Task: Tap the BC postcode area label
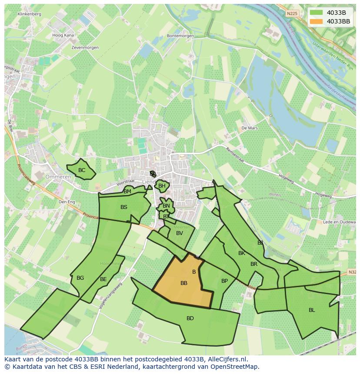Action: coord(82,170)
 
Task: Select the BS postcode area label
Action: coord(124,207)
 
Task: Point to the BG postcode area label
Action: coord(80,278)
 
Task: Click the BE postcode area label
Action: coord(103,279)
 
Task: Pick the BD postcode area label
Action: coord(190,318)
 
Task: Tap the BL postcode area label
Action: coord(312,310)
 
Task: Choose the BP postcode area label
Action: coord(224,281)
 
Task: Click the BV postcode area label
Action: coord(180,233)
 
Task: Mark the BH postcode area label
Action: coord(162,186)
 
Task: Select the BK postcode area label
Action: coord(242,253)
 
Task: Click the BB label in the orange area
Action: coord(184,283)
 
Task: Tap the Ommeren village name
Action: coord(58,177)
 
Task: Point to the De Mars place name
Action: coord(250,128)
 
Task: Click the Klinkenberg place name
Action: coord(30,14)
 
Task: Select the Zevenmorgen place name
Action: coord(86,47)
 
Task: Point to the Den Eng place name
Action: coord(67,202)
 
